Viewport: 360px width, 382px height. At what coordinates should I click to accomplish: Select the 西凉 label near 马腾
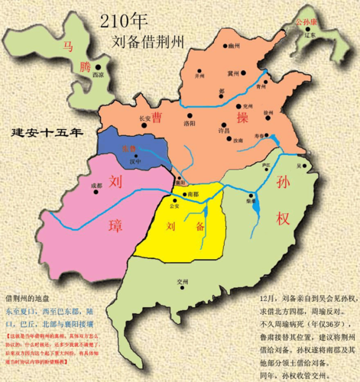point(97,76)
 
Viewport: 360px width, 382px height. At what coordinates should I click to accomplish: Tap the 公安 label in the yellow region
point(174,206)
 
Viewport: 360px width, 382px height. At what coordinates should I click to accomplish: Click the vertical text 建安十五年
point(47,134)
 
